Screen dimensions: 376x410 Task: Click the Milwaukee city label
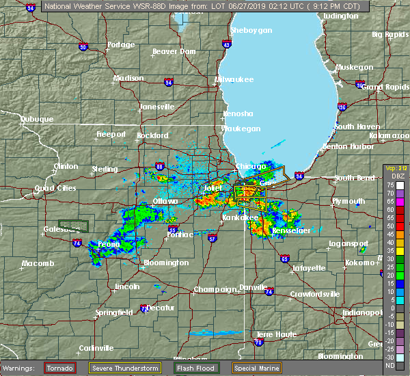(234, 79)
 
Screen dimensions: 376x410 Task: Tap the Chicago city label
(251, 166)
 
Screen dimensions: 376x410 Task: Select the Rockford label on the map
(153, 135)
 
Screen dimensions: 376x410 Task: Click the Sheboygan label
(251, 31)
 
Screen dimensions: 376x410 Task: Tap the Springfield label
(115, 312)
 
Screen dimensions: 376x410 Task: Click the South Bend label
(353, 178)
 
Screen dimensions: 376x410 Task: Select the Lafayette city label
(309, 268)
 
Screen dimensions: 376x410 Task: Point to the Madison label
(128, 78)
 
